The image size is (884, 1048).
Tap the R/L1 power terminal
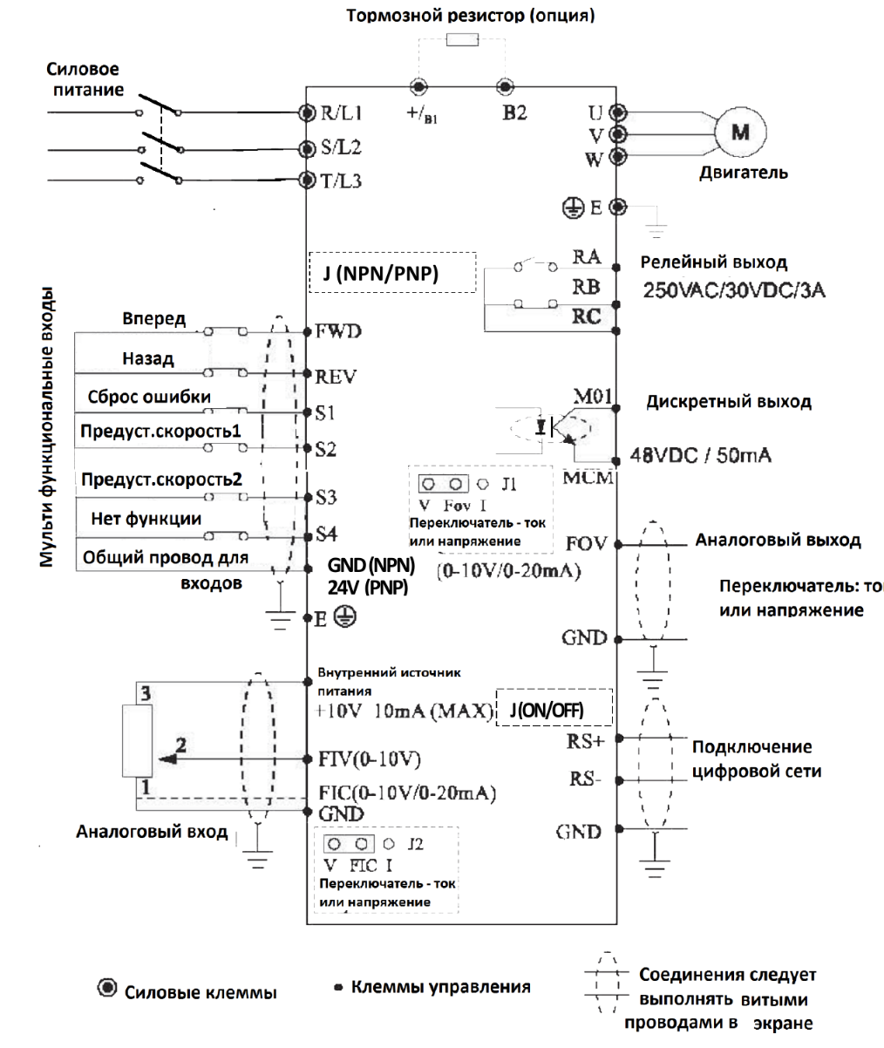click(306, 112)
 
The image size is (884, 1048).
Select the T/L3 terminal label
click(339, 180)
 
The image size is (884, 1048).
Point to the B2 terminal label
click(514, 112)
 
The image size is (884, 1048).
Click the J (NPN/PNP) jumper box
click(391, 273)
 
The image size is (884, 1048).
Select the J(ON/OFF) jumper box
click(553, 711)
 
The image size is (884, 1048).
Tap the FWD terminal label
click(338, 331)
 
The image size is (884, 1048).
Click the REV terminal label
click(336, 376)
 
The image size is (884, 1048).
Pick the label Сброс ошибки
click(149, 397)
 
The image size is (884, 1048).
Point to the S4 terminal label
click(326, 532)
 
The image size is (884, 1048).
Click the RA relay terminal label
click(587, 256)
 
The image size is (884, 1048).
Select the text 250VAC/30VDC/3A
click(734, 289)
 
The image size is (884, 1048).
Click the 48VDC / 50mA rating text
click(706, 455)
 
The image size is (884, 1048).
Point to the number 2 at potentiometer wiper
click(181, 745)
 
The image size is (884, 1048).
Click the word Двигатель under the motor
click(744, 172)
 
